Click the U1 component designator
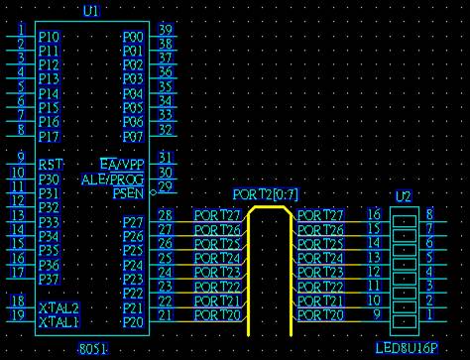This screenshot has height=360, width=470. pyautogui.click(x=91, y=11)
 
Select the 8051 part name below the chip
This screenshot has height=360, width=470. pyautogui.click(x=93, y=349)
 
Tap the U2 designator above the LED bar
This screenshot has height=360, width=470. pyautogui.click(x=404, y=196)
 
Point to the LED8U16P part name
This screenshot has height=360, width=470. pyautogui.click(x=407, y=348)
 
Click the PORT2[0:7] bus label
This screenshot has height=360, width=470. pyautogui.click(x=266, y=194)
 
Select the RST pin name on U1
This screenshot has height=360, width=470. pyautogui.click(x=51, y=165)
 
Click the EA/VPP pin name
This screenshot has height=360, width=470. pyautogui.click(x=122, y=165)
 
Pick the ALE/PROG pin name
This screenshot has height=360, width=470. pyautogui.click(x=113, y=180)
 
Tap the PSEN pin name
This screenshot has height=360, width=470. pyautogui.click(x=129, y=193)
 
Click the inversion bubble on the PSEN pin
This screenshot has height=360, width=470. pyautogui.click(x=153, y=192)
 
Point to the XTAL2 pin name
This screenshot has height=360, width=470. pyautogui.click(x=59, y=308)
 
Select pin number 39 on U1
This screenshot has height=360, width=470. pyautogui.click(x=166, y=29)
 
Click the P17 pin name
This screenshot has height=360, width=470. pyautogui.click(x=50, y=137)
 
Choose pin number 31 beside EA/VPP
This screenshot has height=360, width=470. pyautogui.click(x=166, y=158)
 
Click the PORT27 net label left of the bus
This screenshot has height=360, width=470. pyautogui.click(x=217, y=215)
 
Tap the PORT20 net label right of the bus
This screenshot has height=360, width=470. pyautogui.click(x=320, y=315)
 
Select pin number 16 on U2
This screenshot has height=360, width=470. pyautogui.click(x=374, y=214)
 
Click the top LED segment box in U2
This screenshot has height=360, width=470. pyautogui.click(x=405, y=221)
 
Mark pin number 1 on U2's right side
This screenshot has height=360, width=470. pyautogui.click(x=429, y=314)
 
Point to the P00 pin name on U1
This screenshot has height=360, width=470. pyautogui.click(x=133, y=37)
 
